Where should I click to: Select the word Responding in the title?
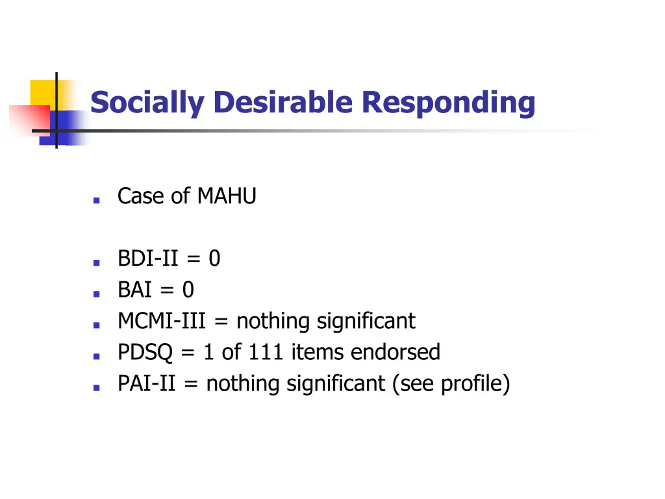(x=449, y=103)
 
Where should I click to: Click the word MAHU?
(x=227, y=196)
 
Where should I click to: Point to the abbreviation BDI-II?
(x=148, y=259)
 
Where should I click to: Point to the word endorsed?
(x=395, y=352)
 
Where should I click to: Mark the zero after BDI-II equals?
(x=214, y=259)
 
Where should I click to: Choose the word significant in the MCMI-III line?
(x=366, y=321)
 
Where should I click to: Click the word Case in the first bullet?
(x=134, y=196)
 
